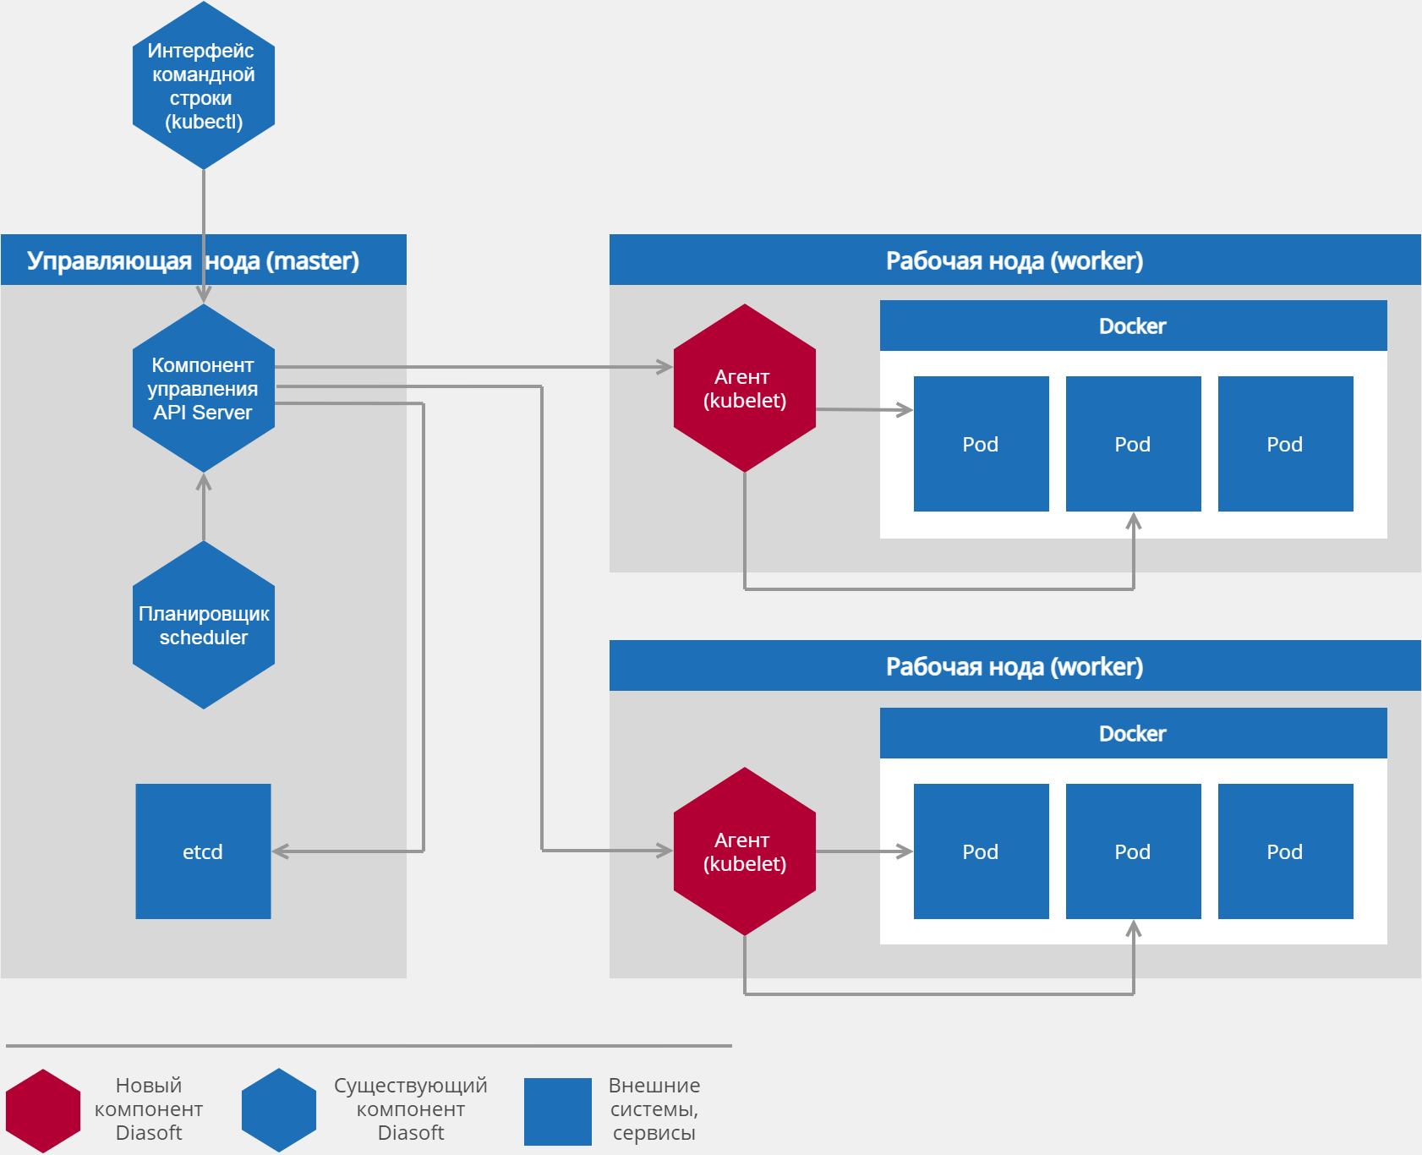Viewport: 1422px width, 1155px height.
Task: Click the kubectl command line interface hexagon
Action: [x=204, y=85]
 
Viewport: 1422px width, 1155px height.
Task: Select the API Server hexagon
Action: [x=204, y=388]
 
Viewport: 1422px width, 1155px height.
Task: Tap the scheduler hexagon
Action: [x=204, y=625]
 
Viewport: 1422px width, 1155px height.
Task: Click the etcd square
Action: [x=203, y=851]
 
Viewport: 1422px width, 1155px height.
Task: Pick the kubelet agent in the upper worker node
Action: [x=744, y=388]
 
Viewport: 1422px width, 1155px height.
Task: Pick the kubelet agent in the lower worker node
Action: [x=744, y=851]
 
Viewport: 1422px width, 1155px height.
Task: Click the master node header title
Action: [x=194, y=260]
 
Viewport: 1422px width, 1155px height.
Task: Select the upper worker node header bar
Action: [x=1015, y=260]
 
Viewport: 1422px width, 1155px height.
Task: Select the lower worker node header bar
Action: [x=1015, y=666]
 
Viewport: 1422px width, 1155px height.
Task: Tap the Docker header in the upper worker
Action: [x=1133, y=326]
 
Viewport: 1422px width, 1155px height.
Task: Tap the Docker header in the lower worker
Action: [x=1133, y=733]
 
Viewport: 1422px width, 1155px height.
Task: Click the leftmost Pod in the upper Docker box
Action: [x=981, y=444]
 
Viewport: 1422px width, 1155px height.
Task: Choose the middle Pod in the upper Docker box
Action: [x=1133, y=444]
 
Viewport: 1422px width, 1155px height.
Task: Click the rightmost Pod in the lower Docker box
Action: [x=1285, y=851]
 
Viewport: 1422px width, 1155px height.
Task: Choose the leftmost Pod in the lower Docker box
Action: [x=981, y=851]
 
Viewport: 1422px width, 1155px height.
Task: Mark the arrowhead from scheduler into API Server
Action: [x=204, y=482]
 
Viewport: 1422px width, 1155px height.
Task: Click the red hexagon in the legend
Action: [x=43, y=1110]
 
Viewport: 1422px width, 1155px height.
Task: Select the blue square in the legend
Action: [x=558, y=1111]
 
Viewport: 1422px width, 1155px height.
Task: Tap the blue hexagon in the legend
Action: [x=279, y=1110]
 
